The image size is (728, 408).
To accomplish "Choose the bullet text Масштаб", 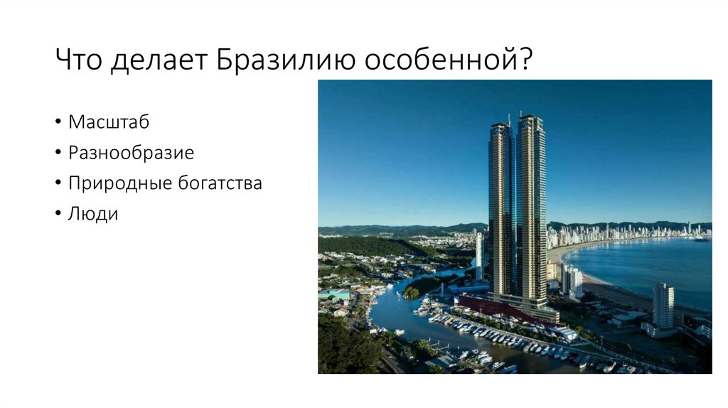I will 109,122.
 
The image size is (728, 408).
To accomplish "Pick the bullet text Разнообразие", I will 131,152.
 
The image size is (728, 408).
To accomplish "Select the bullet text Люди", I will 93,213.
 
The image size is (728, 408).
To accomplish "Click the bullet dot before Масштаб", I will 57,122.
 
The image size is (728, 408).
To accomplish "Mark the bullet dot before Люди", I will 57,214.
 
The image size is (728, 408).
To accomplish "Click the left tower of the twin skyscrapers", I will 501,213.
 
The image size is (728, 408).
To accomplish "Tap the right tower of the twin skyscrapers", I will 532,213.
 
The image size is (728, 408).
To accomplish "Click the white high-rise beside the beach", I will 663,306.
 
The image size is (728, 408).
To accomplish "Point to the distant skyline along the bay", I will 626,233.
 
